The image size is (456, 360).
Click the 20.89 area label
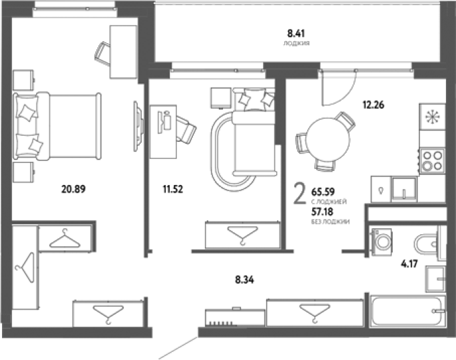[x=74, y=189]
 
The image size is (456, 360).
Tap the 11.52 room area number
[x=172, y=189]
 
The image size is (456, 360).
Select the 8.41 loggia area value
[x=296, y=33]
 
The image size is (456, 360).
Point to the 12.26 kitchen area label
[x=373, y=104]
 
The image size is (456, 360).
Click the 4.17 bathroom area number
[x=409, y=264]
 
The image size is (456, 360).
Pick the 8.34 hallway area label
[x=244, y=279]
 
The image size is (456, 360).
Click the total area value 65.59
[x=323, y=192]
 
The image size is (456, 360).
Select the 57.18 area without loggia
[x=322, y=212]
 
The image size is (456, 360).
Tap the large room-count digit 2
[x=300, y=194]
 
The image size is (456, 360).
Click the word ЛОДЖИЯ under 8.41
[x=296, y=43]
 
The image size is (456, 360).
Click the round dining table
[x=328, y=139]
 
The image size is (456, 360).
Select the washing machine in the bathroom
[x=382, y=242]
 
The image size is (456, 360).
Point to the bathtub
[x=407, y=311]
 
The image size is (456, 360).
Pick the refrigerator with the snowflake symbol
[x=432, y=116]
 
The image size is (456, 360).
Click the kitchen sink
[x=403, y=189]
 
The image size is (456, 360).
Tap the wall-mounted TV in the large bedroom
[x=138, y=126]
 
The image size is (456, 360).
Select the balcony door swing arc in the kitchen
[x=342, y=93]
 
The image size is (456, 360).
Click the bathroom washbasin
[x=435, y=279]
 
